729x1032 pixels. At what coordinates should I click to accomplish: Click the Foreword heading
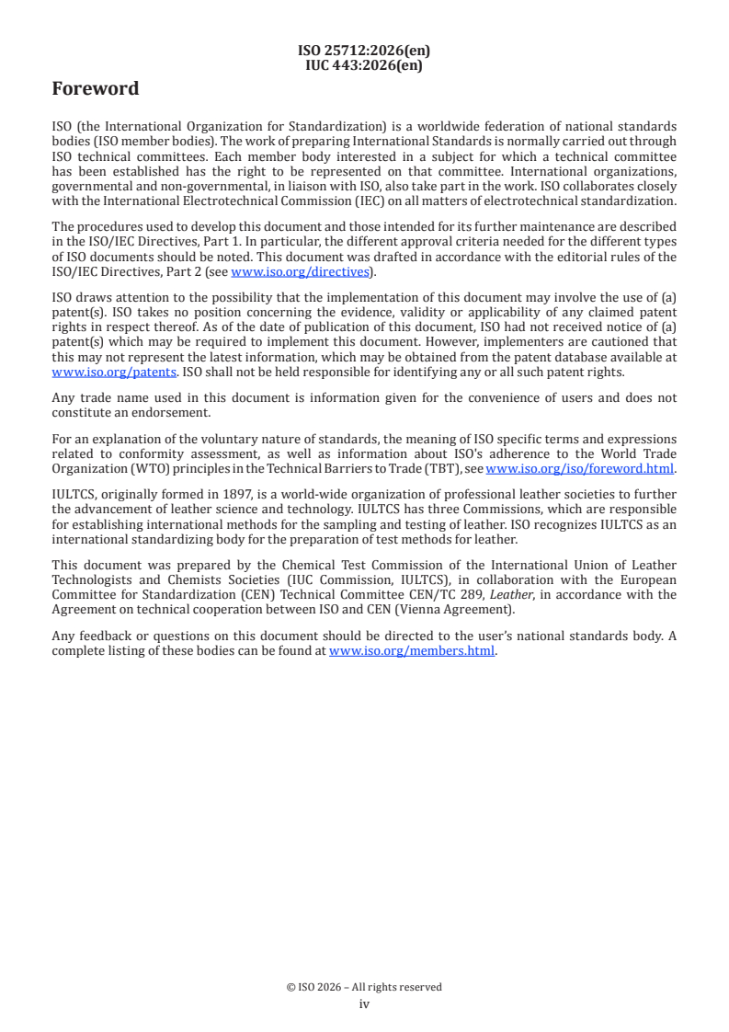click(x=96, y=89)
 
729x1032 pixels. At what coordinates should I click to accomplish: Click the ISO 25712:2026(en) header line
click(x=364, y=52)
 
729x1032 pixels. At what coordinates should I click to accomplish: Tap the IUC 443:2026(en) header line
click(x=364, y=65)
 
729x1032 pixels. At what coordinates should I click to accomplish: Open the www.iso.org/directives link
click(x=300, y=271)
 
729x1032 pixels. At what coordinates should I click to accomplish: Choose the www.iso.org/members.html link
click(x=412, y=651)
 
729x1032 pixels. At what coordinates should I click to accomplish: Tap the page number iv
click(x=364, y=1004)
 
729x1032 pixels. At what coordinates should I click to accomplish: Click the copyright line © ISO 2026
click(x=364, y=987)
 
